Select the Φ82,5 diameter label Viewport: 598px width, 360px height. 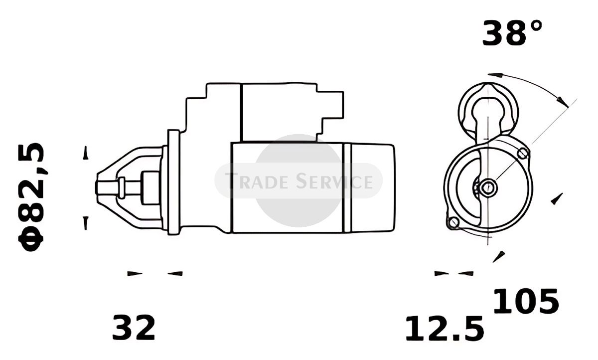point(31,197)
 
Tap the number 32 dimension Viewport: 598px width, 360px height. point(134,328)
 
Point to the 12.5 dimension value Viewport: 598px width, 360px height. point(445,329)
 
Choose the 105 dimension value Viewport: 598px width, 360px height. point(526,301)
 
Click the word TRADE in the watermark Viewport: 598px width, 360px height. point(257,181)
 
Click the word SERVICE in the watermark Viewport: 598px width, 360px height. point(334,181)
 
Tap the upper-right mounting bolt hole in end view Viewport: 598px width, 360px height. point(522,153)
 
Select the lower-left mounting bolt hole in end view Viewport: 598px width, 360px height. point(453,222)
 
